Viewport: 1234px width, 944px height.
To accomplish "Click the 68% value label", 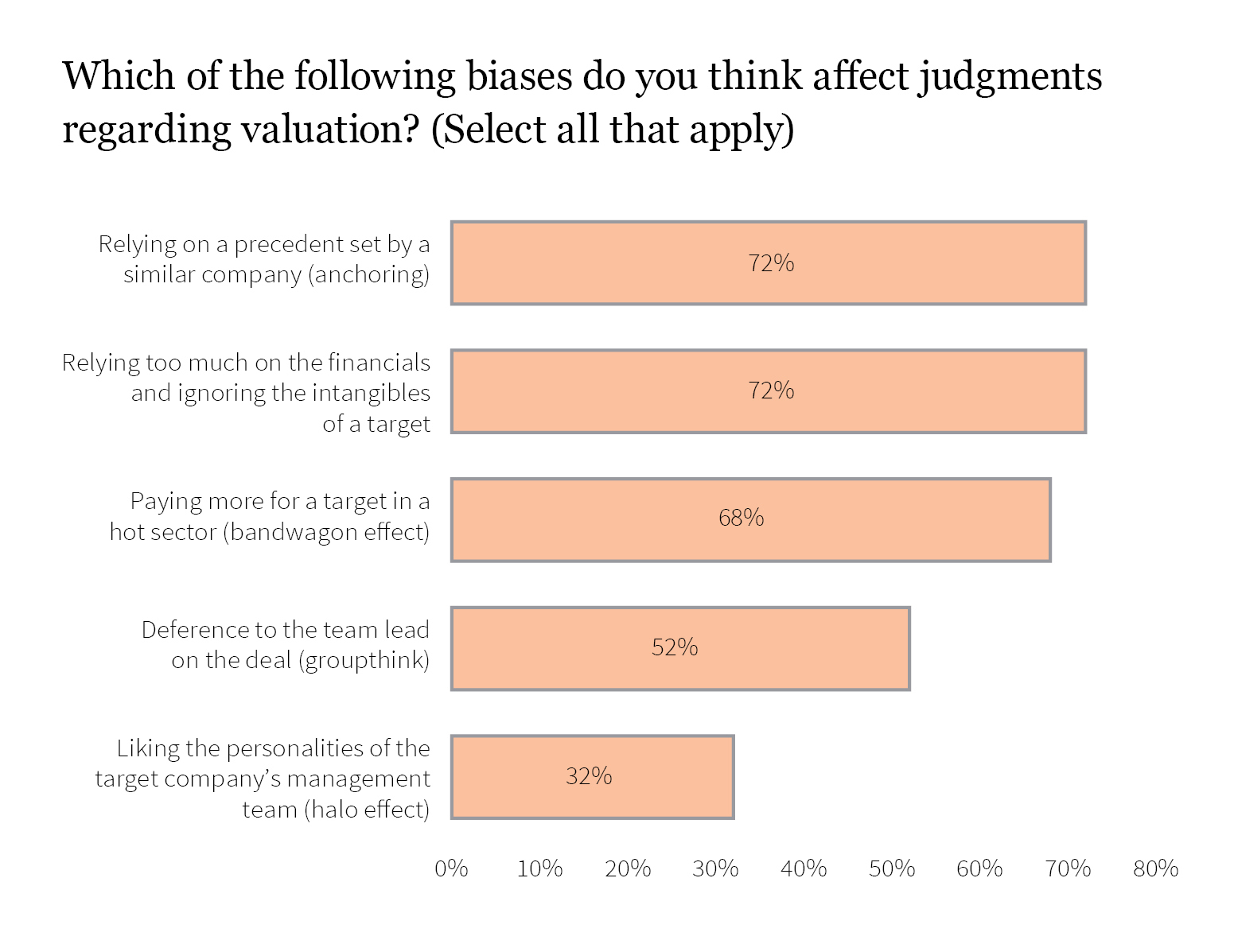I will coord(741,519).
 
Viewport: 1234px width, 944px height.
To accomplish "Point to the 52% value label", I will coord(675,647).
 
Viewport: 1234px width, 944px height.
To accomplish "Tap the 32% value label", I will coord(589,776).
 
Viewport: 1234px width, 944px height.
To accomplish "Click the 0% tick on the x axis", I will coord(451,868).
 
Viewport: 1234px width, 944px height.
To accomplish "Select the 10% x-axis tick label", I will coord(539,868).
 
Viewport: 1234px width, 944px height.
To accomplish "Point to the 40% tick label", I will coord(804,868).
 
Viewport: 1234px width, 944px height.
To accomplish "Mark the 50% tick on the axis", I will coord(892,868).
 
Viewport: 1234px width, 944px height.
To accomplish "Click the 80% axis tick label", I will coord(1155,868).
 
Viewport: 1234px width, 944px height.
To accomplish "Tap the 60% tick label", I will coord(979,868).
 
